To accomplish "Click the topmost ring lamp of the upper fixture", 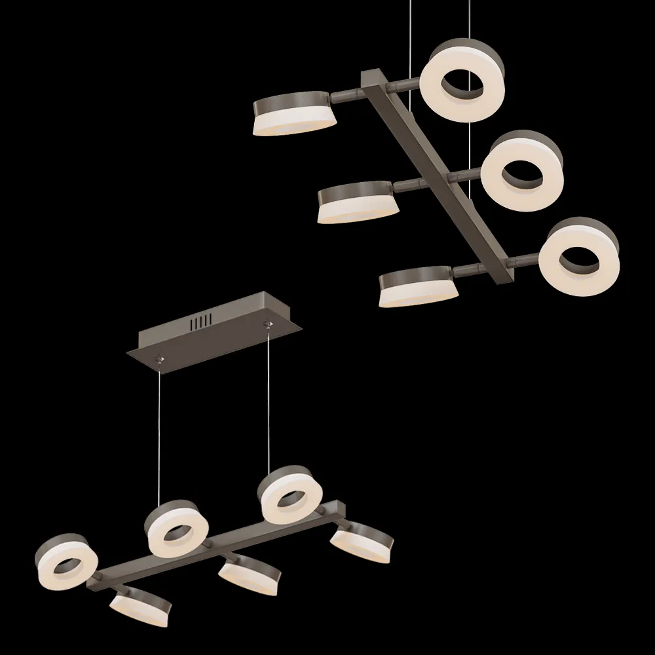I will pos(462,81).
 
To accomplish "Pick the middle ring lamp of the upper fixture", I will pos(521,171).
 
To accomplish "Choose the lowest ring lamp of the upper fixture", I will pos(579,256).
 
